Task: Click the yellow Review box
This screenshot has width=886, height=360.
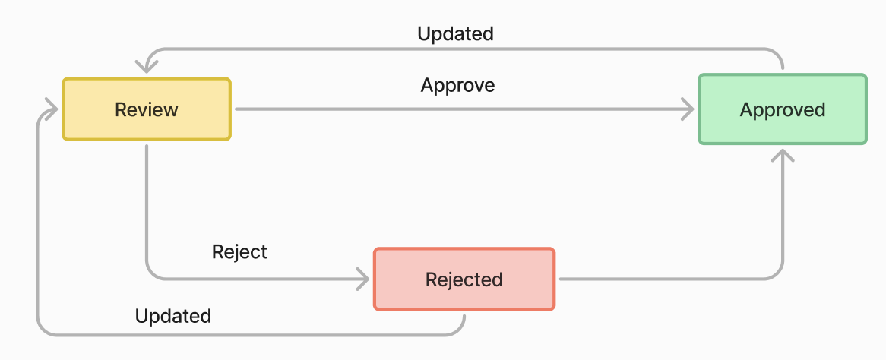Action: click(x=146, y=109)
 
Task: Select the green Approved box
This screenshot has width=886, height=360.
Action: click(x=782, y=109)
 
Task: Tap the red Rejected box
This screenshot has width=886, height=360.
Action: click(x=464, y=279)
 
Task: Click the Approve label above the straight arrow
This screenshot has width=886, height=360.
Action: click(x=457, y=85)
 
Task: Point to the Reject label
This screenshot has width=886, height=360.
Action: click(x=239, y=251)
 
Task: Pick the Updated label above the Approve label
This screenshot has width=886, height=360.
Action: click(x=455, y=34)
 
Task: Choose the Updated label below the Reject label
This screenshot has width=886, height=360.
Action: click(x=172, y=316)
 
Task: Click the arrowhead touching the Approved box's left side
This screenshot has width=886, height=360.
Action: click(x=688, y=109)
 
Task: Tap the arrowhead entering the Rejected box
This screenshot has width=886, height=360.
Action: click(x=363, y=279)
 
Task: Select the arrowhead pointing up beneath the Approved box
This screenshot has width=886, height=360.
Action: click(x=782, y=155)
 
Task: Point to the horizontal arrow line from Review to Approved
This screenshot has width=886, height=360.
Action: click(x=456, y=109)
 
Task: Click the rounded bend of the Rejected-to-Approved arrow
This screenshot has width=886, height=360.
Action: click(x=777, y=273)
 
